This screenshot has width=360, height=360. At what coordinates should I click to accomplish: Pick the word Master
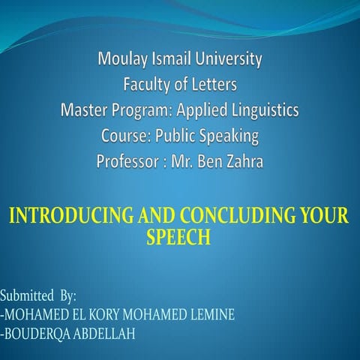click(84, 111)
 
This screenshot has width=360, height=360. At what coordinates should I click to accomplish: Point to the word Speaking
click(228, 136)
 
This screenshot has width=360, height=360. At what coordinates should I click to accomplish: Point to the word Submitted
click(26, 295)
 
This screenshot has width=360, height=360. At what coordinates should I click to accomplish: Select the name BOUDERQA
click(37, 333)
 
